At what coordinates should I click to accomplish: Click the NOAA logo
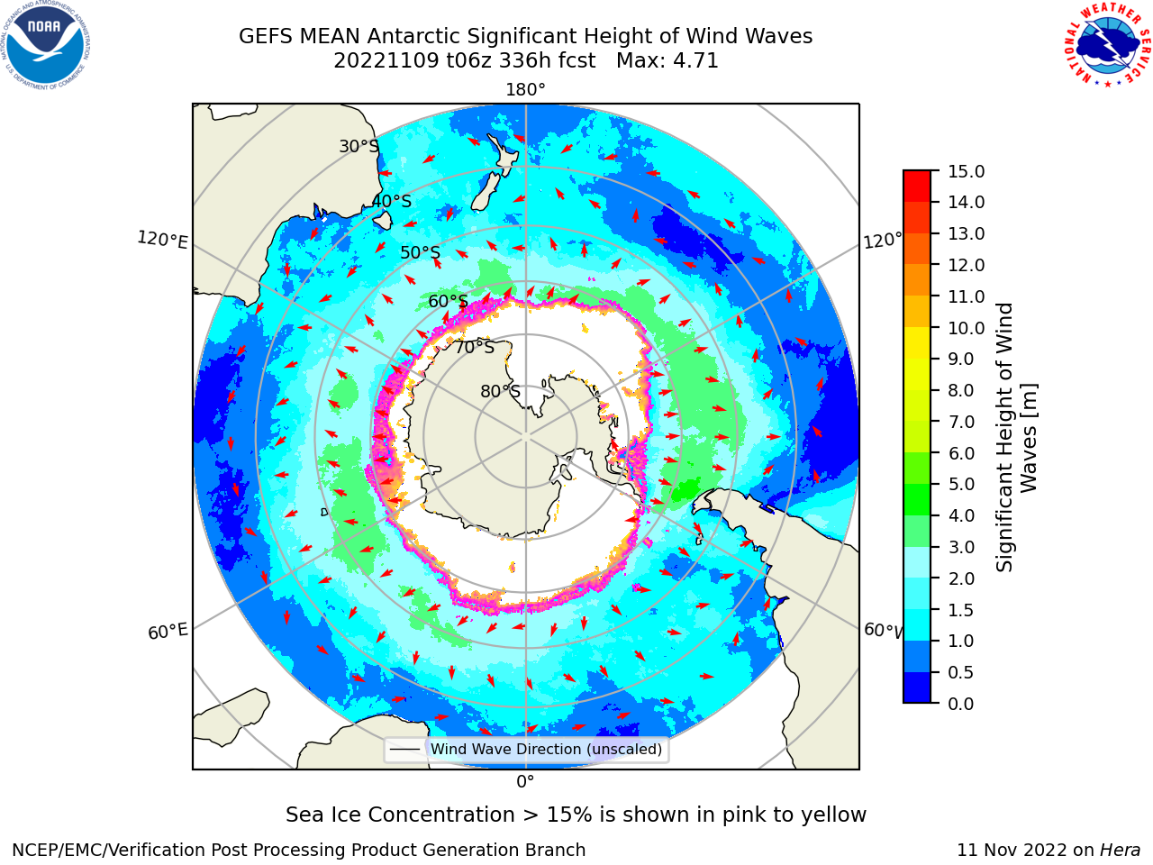tap(46, 45)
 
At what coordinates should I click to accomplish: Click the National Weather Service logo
tap(1107, 45)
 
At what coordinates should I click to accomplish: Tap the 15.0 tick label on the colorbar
tap(966, 171)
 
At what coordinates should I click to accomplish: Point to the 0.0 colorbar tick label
tap(961, 704)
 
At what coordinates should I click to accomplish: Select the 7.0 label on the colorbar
tap(961, 422)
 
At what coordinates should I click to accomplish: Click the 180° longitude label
tap(525, 90)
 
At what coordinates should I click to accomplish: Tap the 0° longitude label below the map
tap(525, 782)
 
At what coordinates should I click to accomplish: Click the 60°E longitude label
tap(168, 632)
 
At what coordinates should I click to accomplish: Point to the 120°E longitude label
tap(162, 240)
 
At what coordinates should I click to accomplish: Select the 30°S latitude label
tap(359, 146)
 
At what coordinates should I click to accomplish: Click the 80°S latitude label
tap(500, 391)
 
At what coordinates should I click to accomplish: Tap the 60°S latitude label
tap(448, 301)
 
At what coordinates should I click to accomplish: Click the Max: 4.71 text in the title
tap(667, 61)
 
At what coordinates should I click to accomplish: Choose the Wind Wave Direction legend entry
tap(526, 750)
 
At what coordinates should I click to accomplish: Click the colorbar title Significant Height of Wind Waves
tap(1016, 437)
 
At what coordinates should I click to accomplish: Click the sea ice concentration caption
tap(576, 815)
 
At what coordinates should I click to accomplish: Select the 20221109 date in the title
tap(386, 61)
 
